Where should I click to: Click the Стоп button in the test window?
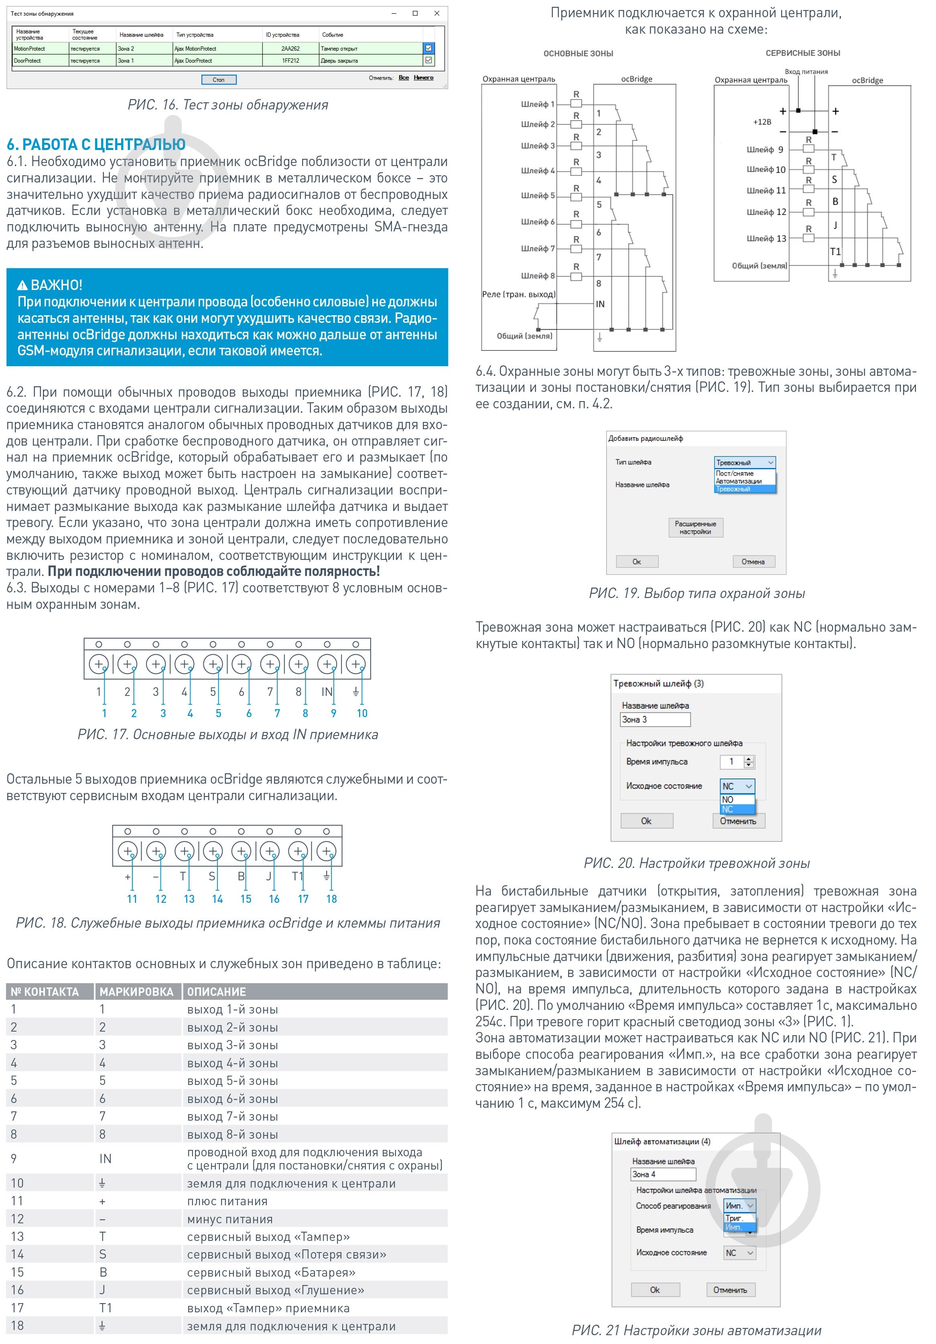[219, 79]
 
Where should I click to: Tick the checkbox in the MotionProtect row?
[429, 48]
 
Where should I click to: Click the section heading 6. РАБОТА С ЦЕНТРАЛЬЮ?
[96, 144]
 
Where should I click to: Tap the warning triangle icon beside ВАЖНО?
[22, 286]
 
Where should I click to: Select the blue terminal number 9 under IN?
[334, 713]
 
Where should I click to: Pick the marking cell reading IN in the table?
[106, 1158]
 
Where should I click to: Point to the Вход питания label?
[806, 71]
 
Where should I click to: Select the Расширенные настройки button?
[695, 527]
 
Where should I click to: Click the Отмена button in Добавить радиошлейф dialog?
[753, 562]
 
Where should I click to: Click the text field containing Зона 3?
[655, 720]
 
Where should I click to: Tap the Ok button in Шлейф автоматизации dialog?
[655, 1289]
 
